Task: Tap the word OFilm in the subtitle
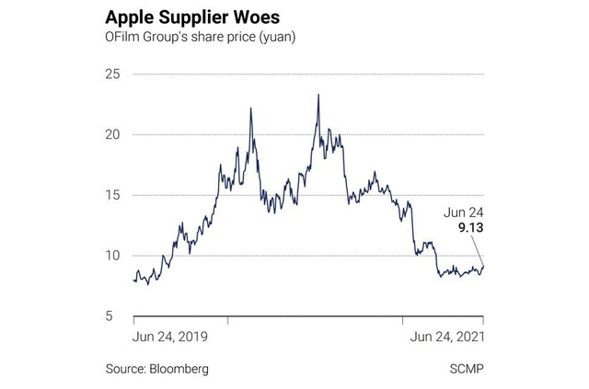coord(126,40)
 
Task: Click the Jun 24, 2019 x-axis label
coord(170,337)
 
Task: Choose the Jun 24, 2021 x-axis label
coord(446,337)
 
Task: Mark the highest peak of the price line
coord(318,94)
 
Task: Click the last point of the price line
coord(484,266)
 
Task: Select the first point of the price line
coord(134,280)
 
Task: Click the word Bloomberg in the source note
coord(178,368)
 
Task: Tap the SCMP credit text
coord(467,368)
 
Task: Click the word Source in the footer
coord(125,368)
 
